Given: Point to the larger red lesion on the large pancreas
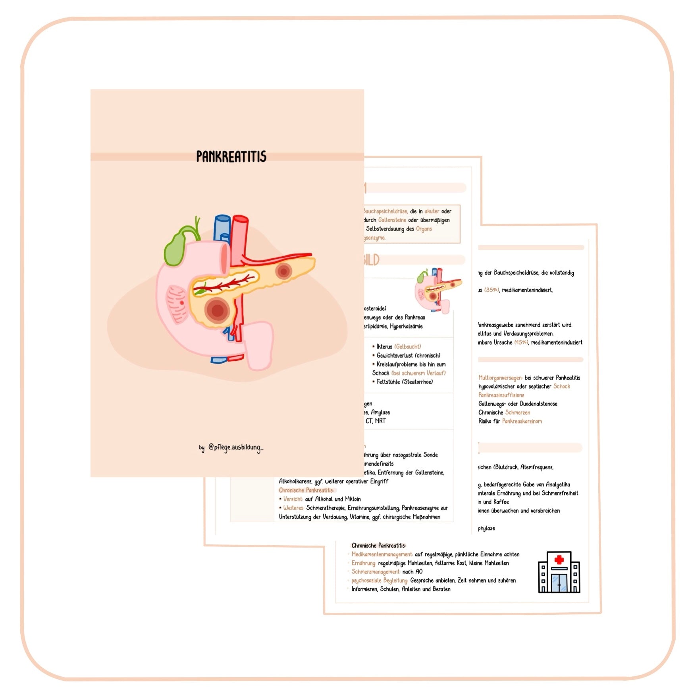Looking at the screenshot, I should pos(217,310).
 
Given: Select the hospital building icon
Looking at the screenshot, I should pos(559,572).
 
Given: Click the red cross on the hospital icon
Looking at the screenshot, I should pos(559,560).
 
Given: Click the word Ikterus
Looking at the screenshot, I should pos(384,347).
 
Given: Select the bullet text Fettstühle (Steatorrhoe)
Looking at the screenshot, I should pos(405,381).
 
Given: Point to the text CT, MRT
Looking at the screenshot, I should pos(376,421).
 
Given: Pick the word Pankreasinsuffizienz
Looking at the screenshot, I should pos(501,395).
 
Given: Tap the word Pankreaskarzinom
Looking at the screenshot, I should pos(522,421).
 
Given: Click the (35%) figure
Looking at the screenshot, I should pos(492,290).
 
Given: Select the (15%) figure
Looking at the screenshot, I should pos(521,342).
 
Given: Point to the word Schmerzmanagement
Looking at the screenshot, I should pos(376,572).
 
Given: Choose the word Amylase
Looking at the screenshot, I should pos(380,412).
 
